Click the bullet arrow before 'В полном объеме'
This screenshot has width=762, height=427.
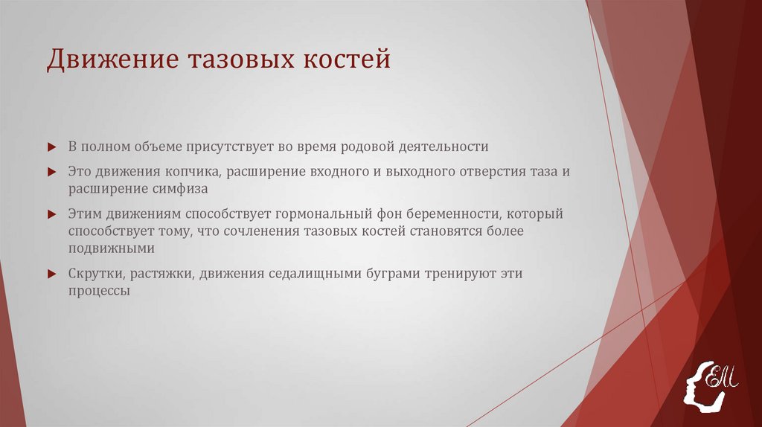(51, 147)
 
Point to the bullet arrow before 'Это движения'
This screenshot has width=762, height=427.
(51, 172)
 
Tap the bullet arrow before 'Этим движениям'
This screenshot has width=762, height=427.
(51, 214)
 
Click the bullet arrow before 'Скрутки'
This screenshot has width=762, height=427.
(51, 274)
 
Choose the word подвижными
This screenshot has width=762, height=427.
(111, 248)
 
